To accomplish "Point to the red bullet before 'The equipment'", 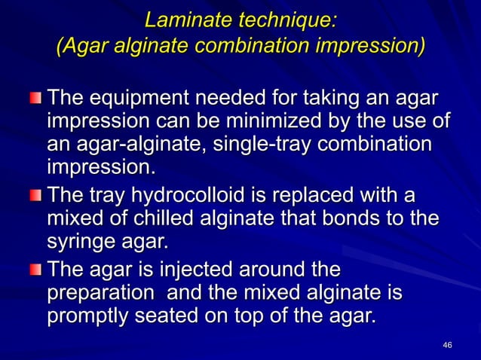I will click(x=36, y=99).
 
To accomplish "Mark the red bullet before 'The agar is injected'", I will click(x=36, y=269).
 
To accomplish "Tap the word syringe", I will click(x=86, y=243).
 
